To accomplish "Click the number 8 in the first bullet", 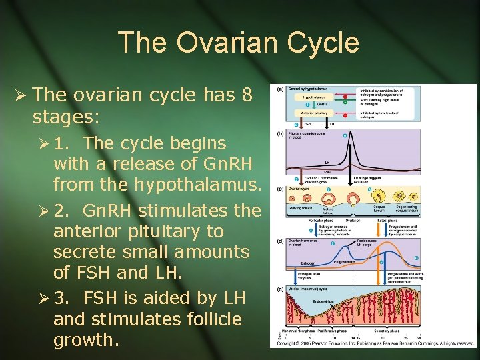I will point(247,95).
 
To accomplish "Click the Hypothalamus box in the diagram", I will point(309,97).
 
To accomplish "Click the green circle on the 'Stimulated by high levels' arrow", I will point(345,103).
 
